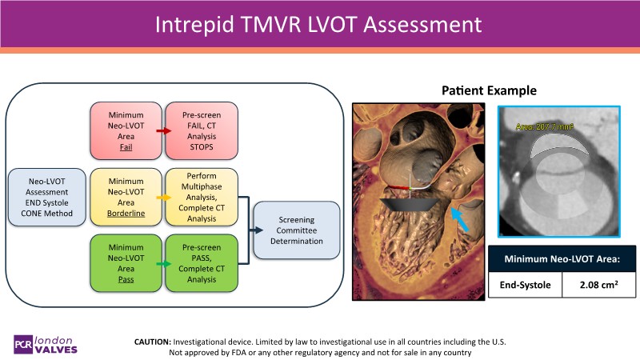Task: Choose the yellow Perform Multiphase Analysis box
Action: (202, 196)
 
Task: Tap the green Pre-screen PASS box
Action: (202, 262)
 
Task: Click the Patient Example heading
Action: (489, 90)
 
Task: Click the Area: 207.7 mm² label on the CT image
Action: (545, 126)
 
